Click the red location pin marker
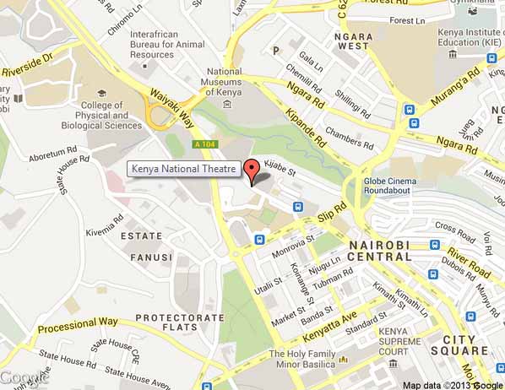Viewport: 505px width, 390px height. [250, 169]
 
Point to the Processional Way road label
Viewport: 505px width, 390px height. [79, 322]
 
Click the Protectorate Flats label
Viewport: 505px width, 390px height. [179, 322]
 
